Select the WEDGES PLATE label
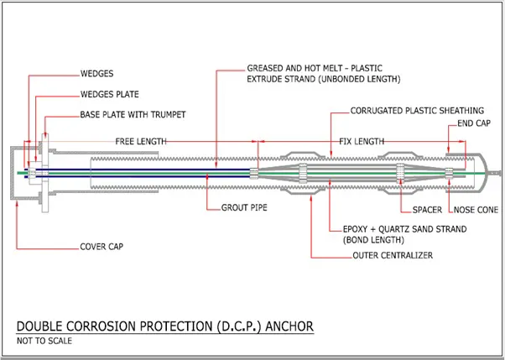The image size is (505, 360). tap(110, 94)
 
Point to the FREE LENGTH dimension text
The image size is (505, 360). tap(140, 140)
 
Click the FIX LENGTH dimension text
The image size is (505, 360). tap(362, 140)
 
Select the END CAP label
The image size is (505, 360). tap(472, 124)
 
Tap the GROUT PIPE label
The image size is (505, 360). tap(244, 206)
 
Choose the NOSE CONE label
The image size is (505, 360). tap(474, 207)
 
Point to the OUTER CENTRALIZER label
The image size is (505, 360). tap(392, 255)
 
